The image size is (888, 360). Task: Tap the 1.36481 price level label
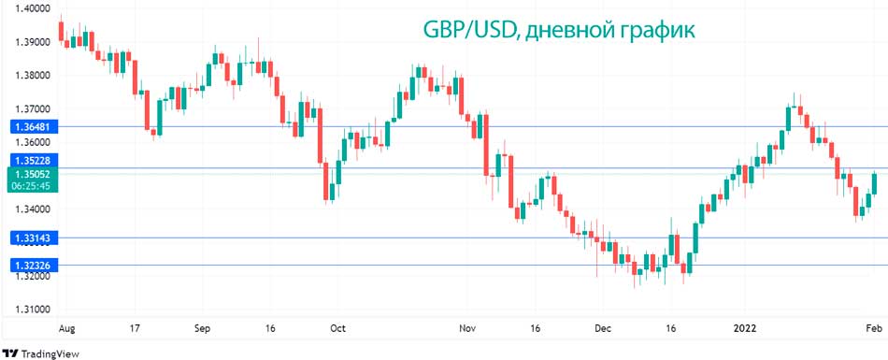32,125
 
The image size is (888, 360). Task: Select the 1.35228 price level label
32,160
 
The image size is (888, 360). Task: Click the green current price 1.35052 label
32,173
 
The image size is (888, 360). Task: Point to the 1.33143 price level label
32,238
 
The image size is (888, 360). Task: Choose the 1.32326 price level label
32,266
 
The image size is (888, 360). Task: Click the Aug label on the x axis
66,329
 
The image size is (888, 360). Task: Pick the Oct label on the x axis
337,329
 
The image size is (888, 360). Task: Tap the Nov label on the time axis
468,329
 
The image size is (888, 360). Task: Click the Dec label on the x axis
603,329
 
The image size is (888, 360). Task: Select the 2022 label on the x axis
744,329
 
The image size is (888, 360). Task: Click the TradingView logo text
49,353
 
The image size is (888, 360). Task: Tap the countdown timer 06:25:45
32,186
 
